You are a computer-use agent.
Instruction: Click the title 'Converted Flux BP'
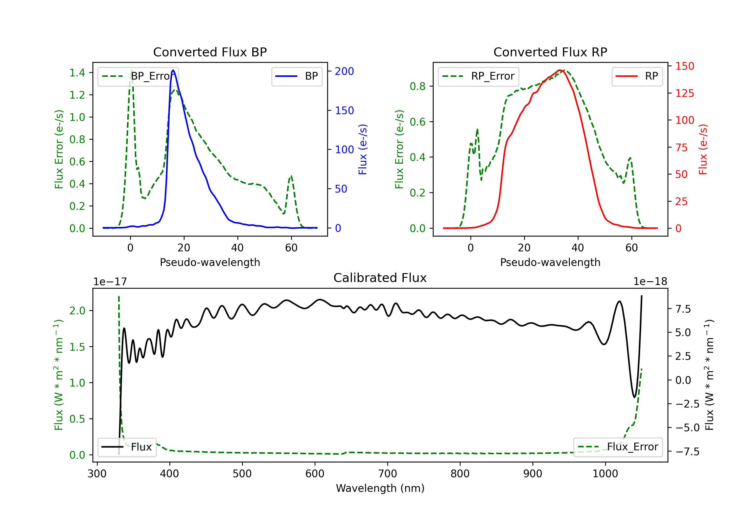pos(210,52)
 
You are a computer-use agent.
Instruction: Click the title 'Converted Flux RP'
pos(550,52)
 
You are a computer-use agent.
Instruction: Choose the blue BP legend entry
pos(297,76)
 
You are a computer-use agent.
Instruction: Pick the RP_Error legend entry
pos(478,76)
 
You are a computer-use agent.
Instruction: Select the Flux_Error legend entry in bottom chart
pos(618,447)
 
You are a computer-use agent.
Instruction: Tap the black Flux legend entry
pos(127,447)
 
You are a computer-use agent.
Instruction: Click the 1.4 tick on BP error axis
pos(77,73)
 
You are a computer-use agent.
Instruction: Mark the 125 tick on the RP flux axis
pos(684,93)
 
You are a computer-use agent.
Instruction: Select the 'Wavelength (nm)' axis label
pos(380,488)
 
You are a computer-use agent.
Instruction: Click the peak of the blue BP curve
pos(173,70)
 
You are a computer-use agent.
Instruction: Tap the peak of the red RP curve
pos(559,70)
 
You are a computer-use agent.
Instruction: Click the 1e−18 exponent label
pos(650,282)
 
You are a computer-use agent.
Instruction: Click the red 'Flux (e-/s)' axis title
pos(703,149)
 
